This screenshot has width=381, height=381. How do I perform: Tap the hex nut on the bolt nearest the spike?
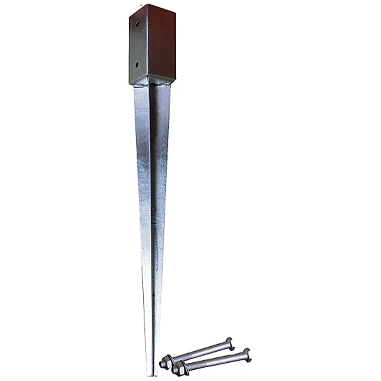tap(166, 362)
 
